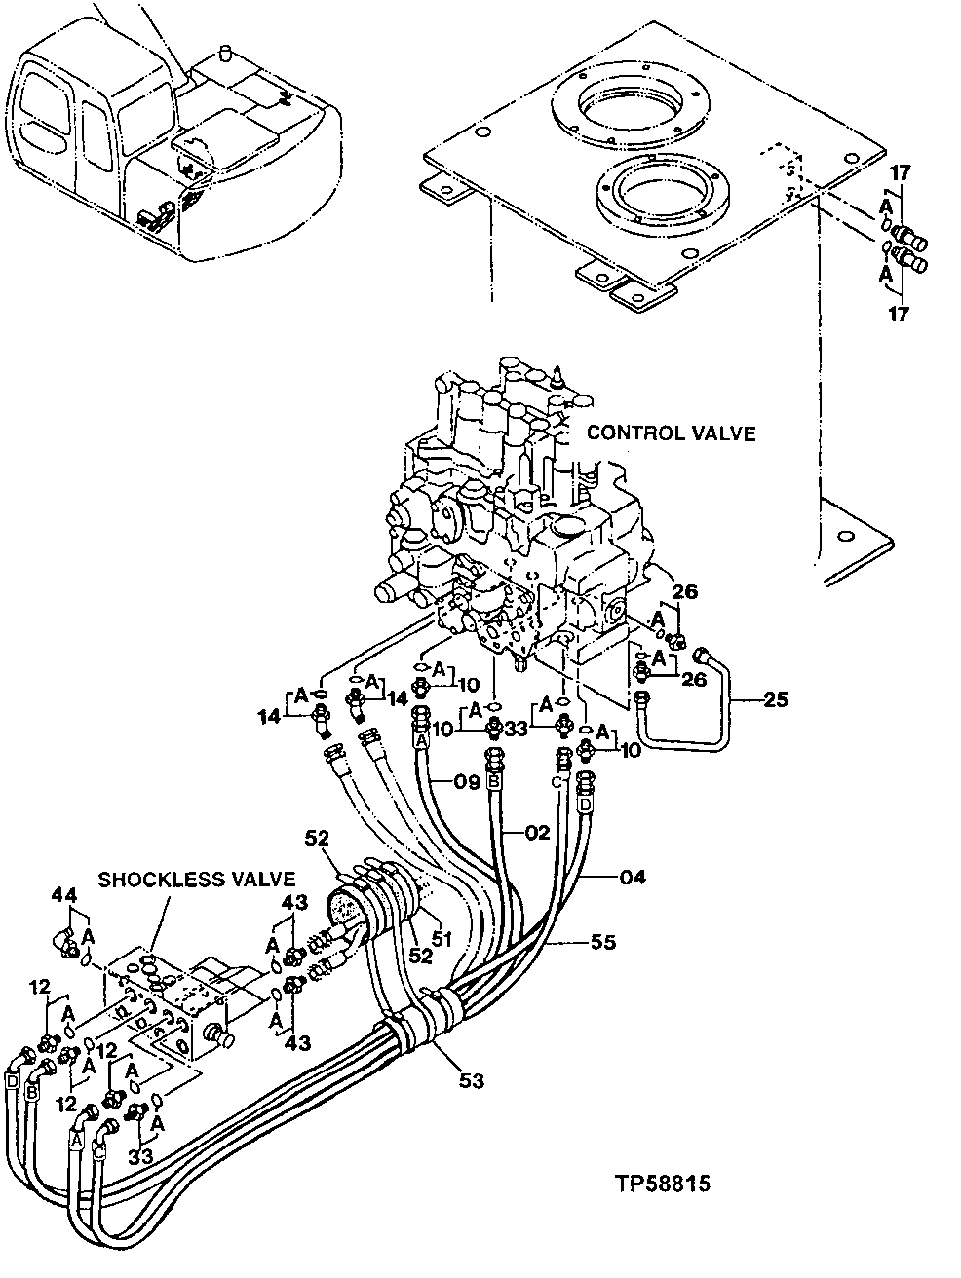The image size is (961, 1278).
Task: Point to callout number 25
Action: coord(775,700)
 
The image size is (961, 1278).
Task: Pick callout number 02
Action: coord(537,833)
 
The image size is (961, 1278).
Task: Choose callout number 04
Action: coord(631,878)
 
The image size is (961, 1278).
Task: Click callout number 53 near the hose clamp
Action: coord(470,1079)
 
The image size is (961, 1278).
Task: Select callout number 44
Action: coord(63,893)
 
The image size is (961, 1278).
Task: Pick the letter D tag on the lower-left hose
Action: coord(13,1081)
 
